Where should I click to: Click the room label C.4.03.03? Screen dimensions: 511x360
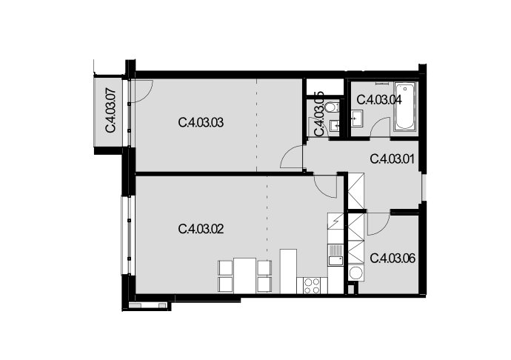point(201,123)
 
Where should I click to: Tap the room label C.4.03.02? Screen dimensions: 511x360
point(201,229)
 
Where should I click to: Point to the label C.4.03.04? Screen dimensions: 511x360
point(379,99)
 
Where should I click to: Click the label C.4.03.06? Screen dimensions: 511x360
point(393,259)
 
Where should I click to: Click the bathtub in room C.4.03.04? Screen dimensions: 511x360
point(405,107)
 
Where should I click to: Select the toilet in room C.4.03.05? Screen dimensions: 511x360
point(333,107)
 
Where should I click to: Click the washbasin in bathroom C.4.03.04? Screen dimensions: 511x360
point(357,118)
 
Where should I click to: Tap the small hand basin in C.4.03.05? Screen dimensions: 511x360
point(334,125)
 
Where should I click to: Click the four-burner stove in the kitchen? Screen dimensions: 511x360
point(312,285)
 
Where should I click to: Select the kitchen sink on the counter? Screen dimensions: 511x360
point(335,256)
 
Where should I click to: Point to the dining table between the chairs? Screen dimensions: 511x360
point(244,276)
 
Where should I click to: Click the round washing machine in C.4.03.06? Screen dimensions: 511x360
point(355,273)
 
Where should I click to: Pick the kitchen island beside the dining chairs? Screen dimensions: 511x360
point(288,271)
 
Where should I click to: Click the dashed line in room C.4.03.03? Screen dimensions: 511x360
point(256,125)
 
